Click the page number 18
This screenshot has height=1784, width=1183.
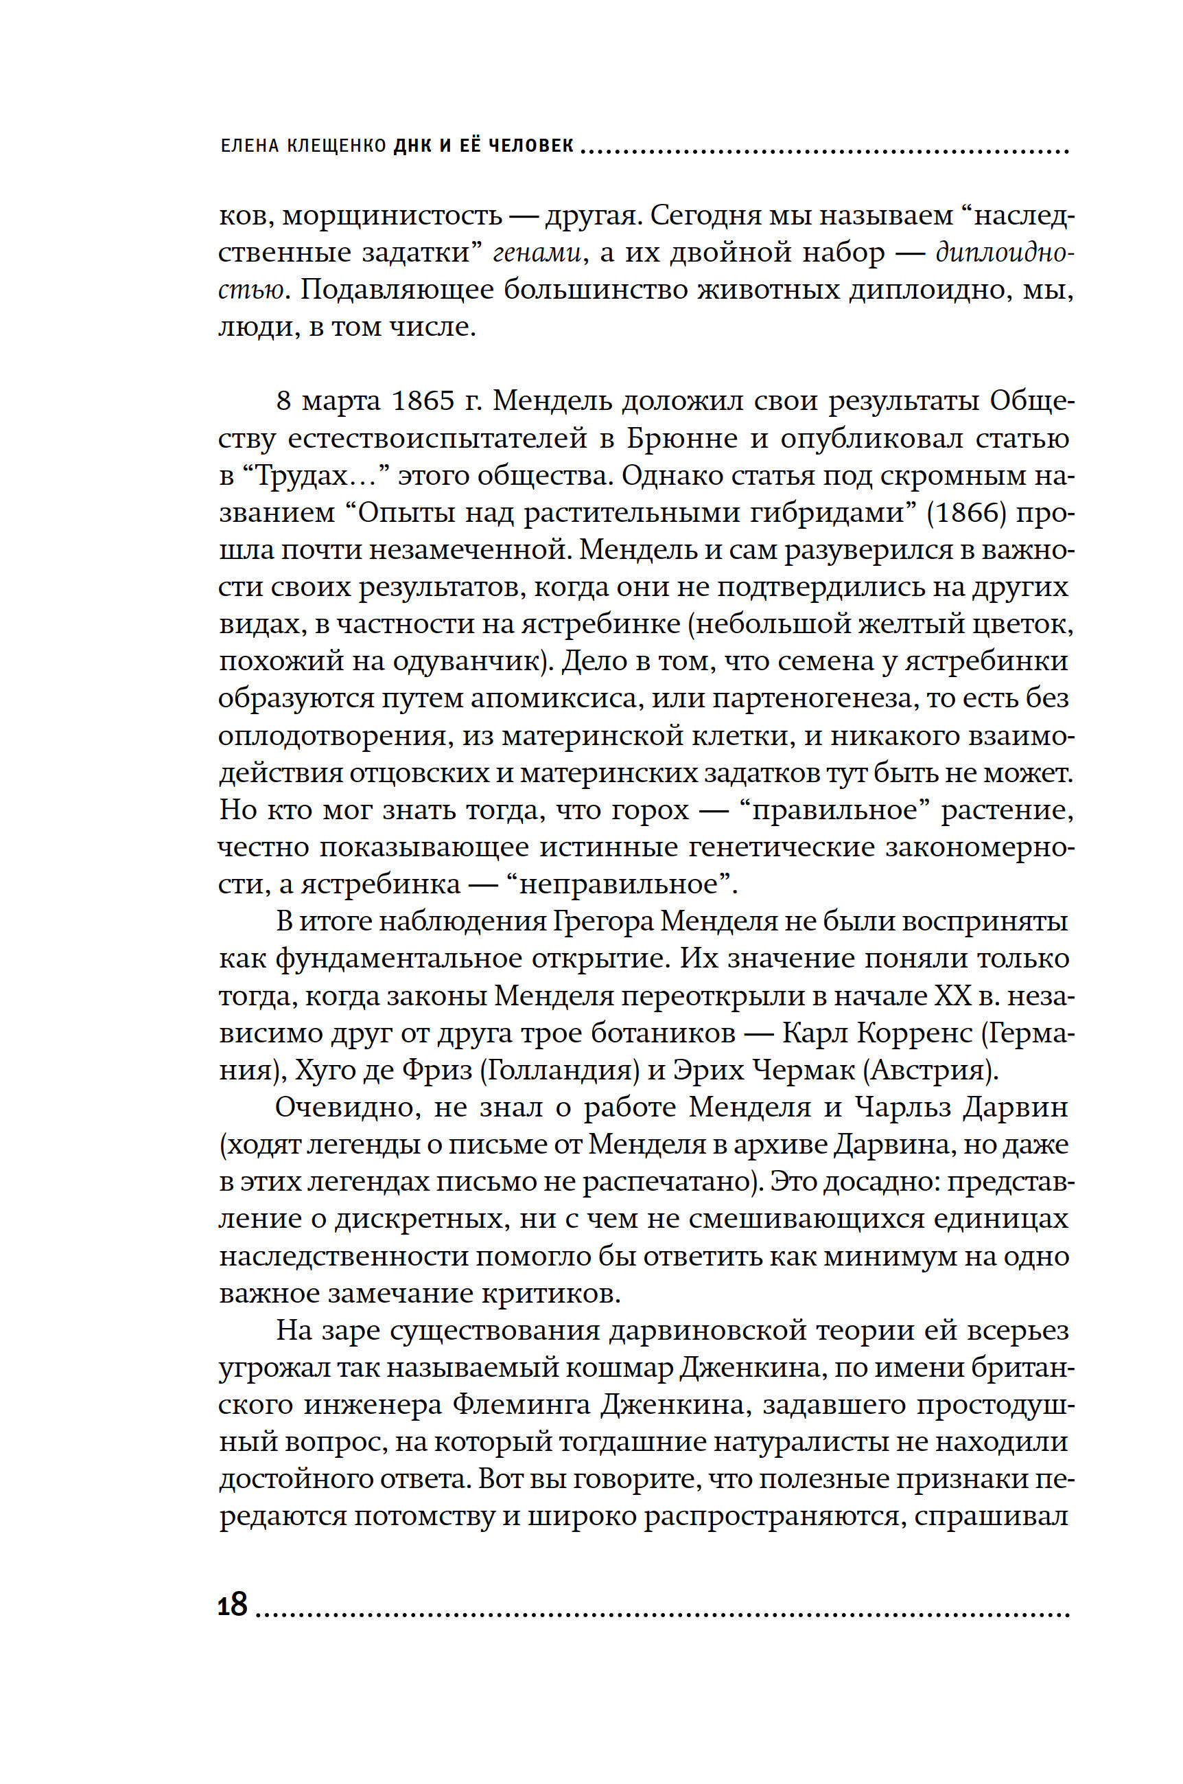(x=233, y=1604)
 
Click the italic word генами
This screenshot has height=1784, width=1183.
(x=537, y=253)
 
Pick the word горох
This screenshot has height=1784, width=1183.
(x=651, y=810)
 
